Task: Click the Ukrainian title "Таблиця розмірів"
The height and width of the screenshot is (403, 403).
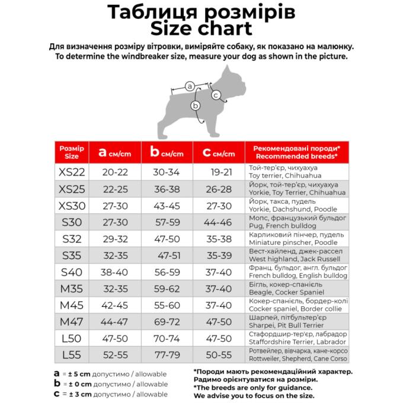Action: [201, 12]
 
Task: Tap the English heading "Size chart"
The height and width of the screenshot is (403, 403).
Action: [201, 28]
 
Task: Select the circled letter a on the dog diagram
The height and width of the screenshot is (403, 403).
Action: [190, 87]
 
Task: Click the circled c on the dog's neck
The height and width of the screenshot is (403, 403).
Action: [216, 95]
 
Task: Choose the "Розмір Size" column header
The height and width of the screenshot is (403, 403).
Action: [72, 152]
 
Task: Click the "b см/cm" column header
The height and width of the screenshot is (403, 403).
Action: [167, 153]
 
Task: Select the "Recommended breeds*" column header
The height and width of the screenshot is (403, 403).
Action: [296, 152]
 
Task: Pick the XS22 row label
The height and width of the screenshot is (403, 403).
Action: [72, 172]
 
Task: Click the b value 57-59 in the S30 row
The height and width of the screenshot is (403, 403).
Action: [167, 222]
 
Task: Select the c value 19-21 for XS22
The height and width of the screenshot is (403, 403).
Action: [220, 172]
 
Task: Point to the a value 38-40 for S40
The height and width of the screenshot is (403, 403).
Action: [114, 272]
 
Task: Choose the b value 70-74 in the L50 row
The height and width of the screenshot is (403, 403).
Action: [167, 338]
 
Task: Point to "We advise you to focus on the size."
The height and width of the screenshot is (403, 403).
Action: [255, 395]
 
